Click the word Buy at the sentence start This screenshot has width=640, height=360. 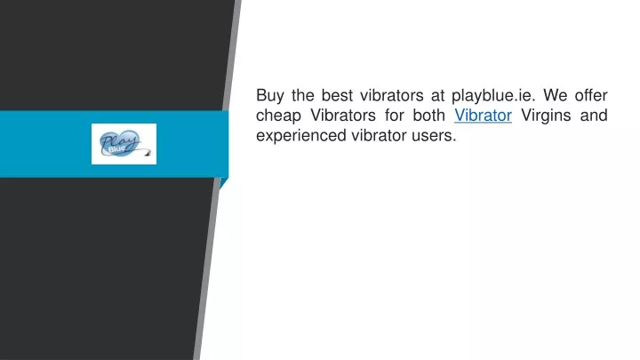coord(270,96)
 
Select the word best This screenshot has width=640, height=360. coord(337,95)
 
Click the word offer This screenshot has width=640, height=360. coord(591,95)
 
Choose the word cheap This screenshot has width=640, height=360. coord(278,116)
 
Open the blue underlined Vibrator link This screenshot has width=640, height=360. coord(483,115)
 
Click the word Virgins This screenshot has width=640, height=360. coord(546,116)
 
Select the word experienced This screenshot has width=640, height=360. coord(301,136)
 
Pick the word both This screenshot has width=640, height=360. coord(428,115)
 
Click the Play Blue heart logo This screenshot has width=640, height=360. coord(124,144)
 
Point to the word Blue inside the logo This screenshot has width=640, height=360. coord(116,149)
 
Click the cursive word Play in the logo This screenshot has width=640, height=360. coord(118,140)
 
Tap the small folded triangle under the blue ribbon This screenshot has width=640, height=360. coord(223,183)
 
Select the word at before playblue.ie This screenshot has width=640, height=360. coord(437,96)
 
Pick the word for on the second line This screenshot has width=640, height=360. coord(394,115)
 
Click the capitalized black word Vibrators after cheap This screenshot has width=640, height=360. coord(343,115)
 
